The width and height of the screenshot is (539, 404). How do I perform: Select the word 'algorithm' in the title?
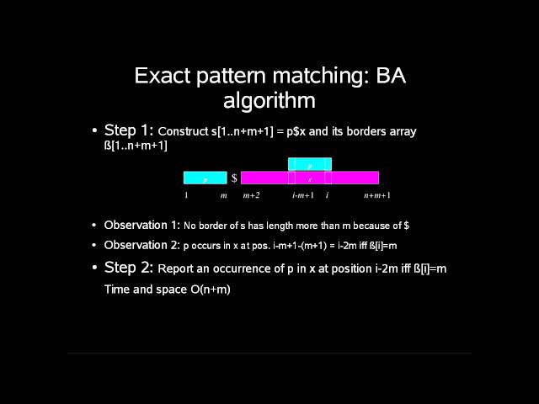click(x=269, y=101)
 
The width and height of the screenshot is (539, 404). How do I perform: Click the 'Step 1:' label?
click(x=129, y=130)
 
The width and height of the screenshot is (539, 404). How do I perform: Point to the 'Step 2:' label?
click(x=129, y=268)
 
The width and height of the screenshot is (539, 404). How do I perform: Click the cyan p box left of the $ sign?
click(x=205, y=178)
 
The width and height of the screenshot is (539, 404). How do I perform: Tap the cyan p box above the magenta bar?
click(x=309, y=165)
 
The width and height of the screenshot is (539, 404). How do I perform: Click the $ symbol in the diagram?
click(x=234, y=178)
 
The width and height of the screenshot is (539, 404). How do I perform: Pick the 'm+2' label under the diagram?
click(x=251, y=196)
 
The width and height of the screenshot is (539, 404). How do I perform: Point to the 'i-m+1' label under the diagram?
click(x=303, y=196)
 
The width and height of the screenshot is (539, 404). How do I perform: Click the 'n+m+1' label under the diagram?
click(x=376, y=196)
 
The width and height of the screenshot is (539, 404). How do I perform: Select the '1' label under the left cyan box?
click(x=186, y=196)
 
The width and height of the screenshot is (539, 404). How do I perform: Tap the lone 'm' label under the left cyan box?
click(x=223, y=196)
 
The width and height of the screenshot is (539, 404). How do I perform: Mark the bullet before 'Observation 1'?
click(x=94, y=226)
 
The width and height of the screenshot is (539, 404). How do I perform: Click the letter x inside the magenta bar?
click(x=309, y=179)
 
